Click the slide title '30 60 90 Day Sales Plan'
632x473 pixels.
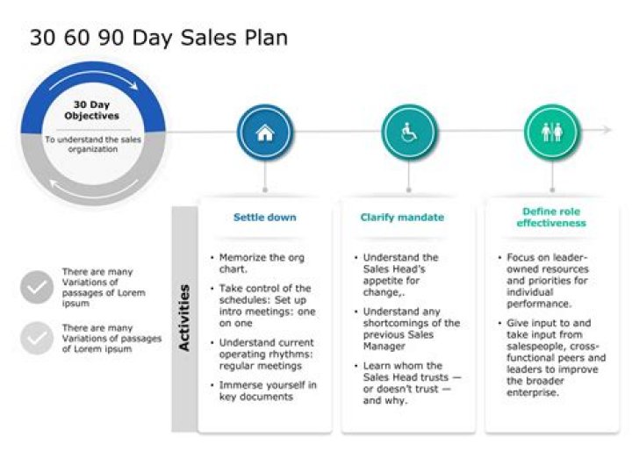(x=158, y=38)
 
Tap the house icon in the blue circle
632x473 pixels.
(x=265, y=133)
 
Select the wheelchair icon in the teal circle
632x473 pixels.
(x=408, y=133)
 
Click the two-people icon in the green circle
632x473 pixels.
(x=551, y=133)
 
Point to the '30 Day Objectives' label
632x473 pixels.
(x=91, y=110)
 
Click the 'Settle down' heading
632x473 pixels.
(x=264, y=217)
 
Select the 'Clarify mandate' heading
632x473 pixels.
(x=402, y=217)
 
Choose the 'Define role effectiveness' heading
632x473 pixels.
(x=551, y=217)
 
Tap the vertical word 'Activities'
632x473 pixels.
(x=184, y=318)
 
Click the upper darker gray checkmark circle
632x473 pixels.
(x=37, y=287)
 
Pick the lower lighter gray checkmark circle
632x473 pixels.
(x=37, y=338)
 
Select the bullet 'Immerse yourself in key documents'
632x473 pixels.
(x=268, y=391)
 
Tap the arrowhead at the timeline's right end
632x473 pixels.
(x=607, y=130)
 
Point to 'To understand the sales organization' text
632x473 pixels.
(x=93, y=144)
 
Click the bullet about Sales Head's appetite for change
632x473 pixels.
(x=402, y=275)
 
